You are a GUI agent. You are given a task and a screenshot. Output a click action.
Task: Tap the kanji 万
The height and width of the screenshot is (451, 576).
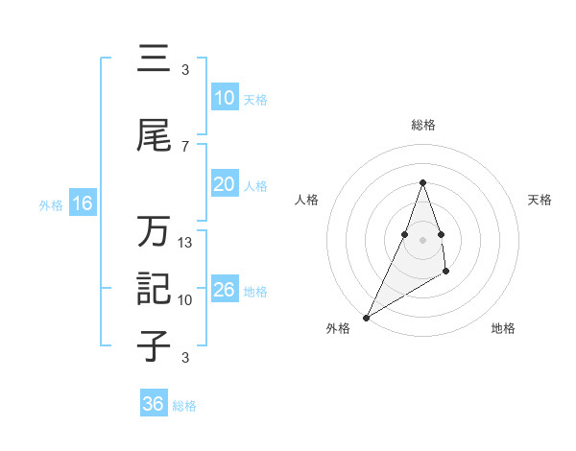(x=155, y=232)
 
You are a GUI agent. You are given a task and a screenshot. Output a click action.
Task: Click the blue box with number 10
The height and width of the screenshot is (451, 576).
(x=225, y=98)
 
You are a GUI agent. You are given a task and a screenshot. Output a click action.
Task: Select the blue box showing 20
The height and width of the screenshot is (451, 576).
(x=225, y=185)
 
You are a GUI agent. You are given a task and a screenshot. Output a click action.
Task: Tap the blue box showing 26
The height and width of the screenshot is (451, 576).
(x=225, y=291)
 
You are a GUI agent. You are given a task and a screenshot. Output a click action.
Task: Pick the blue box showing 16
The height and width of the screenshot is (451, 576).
(x=82, y=203)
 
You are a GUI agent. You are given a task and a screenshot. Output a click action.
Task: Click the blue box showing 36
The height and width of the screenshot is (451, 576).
(x=154, y=404)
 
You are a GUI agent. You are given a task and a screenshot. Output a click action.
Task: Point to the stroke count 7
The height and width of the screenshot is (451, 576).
(x=185, y=146)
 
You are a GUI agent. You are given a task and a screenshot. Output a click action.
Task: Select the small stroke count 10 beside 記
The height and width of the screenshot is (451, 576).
(x=185, y=300)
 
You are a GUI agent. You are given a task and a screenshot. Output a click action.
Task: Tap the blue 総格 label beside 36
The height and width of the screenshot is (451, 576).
(x=185, y=406)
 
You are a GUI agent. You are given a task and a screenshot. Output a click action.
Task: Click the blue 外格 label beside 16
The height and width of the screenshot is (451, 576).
(x=51, y=204)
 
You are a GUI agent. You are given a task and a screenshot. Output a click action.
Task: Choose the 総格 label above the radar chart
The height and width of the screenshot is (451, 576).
(x=423, y=125)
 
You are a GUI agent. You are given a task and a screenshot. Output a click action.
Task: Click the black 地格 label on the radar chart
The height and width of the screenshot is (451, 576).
(x=503, y=328)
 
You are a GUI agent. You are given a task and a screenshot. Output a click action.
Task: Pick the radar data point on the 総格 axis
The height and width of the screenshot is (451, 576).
(x=422, y=182)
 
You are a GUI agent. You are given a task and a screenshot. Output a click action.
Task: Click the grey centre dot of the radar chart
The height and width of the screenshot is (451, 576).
(x=422, y=239)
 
